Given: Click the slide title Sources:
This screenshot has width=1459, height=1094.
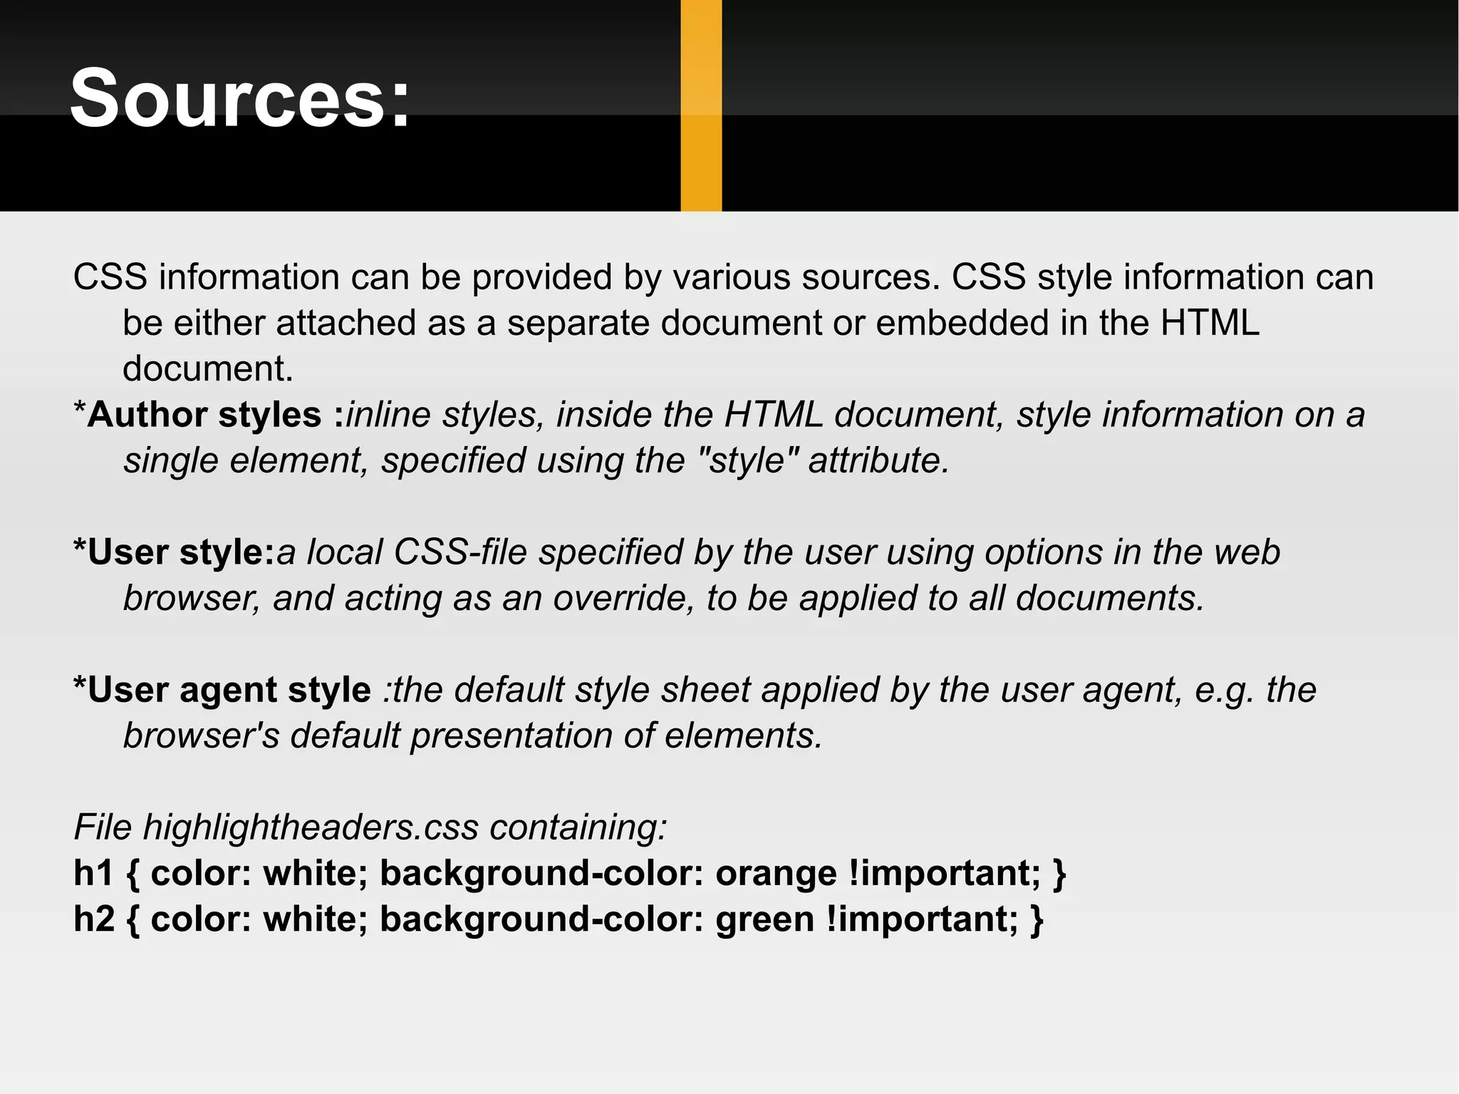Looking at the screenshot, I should [240, 98].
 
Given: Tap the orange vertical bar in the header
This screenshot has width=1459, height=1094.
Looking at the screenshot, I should [701, 105].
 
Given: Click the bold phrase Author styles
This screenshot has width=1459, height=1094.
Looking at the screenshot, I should [204, 415].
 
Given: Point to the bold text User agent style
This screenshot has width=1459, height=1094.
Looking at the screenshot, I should [229, 690].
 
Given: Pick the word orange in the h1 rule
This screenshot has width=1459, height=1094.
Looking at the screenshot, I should [776, 874].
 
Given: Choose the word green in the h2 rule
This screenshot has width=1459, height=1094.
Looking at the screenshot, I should [764, 919].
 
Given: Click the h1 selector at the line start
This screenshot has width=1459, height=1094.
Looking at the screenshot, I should [93, 874].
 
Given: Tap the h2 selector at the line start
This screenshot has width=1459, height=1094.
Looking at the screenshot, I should [93, 919].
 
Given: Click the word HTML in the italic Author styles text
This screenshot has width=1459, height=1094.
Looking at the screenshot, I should [773, 415].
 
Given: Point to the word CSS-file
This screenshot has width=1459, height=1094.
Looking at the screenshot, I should [460, 552].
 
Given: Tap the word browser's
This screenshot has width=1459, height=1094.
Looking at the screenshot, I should [201, 736].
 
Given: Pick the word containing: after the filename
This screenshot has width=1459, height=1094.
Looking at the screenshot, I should [578, 827].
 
